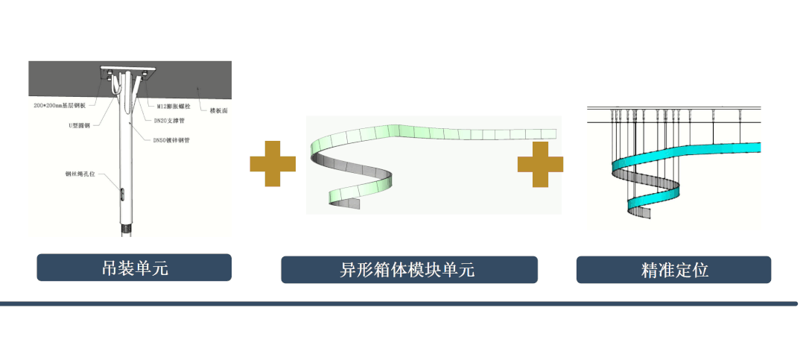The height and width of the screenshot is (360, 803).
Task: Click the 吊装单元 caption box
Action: click(134, 268)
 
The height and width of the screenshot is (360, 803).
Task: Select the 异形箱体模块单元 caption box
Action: click(409, 270)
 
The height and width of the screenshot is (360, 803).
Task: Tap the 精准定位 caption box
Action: click(673, 270)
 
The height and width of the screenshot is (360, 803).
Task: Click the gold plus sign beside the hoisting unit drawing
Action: click(273, 163)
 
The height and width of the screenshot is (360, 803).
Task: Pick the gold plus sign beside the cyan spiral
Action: click(541, 163)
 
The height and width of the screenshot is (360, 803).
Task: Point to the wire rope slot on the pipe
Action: click(123, 193)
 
